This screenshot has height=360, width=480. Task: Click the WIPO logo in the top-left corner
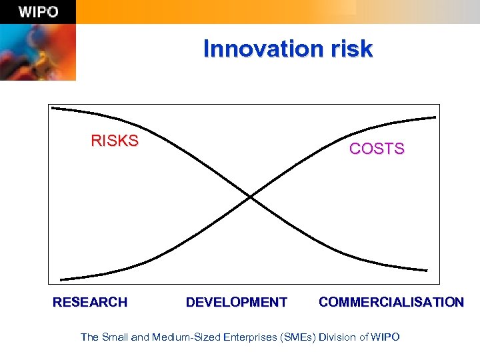click(38, 12)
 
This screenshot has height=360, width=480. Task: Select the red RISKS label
click(115, 141)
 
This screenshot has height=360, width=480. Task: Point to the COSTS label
click(377, 149)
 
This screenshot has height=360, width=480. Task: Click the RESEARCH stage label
click(90, 302)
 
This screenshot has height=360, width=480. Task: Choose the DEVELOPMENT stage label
click(237, 302)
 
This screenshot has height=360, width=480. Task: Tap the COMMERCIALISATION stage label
click(391, 302)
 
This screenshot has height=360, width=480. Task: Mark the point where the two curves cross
click(249, 197)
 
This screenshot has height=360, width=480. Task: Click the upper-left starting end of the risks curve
click(53, 107)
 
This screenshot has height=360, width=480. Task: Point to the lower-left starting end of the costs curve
click(61, 279)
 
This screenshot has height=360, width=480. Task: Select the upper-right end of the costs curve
click(435, 117)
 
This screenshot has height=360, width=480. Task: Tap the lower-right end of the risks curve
click(427, 270)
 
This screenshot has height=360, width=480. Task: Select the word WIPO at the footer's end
click(386, 337)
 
